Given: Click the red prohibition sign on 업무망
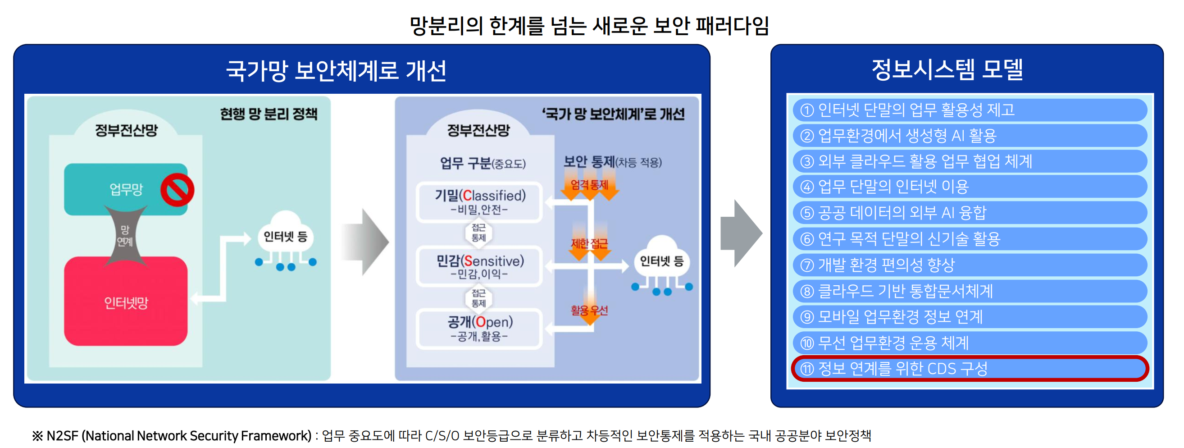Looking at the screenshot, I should pyautogui.click(x=177, y=190).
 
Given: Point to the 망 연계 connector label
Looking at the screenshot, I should pyautogui.click(x=124, y=236).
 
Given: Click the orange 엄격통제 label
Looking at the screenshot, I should pyautogui.click(x=589, y=185).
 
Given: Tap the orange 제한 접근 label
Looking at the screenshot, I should pyautogui.click(x=589, y=243).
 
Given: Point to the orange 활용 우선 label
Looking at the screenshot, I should pyautogui.click(x=589, y=311).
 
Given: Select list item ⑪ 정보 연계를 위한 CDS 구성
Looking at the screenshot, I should pyautogui.click(x=970, y=368).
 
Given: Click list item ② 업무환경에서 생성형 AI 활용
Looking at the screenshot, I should pyautogui.click(x=970, y=136).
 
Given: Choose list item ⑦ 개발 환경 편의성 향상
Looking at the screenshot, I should pyautogui.click(x=970, y=265).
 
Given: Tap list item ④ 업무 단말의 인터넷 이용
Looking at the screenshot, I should pyautogui.click(x=970, y=187).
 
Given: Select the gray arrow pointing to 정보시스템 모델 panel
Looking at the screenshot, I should pyautogui.click(x=741, y=233).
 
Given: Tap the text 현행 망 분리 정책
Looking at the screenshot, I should pyautogui.click(x=269, y=114).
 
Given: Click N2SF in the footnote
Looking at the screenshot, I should pyautogui.click(x=62, y=435).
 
